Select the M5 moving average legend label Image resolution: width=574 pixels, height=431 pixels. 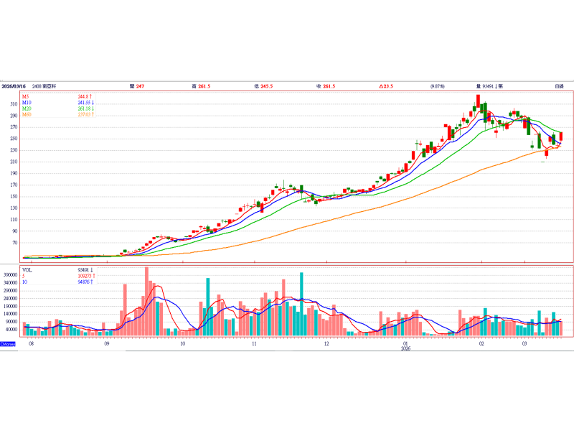[x=26, y=96]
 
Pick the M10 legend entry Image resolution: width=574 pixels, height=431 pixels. [x=27, y=103]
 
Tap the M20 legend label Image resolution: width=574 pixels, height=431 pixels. [x=27, y=108]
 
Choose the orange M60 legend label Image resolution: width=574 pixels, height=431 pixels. [x=27, y=115]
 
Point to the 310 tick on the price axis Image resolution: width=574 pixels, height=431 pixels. [x=14, y=104]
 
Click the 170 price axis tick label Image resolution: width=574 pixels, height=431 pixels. [x=14, y=185]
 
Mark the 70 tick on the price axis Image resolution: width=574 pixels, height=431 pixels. [x=15, y=244]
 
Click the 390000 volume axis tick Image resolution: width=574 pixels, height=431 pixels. [x=11, y=274]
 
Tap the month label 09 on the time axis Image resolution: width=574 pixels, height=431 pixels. [x=106, y=344]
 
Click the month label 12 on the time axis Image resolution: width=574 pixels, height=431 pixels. [x=326, y=344]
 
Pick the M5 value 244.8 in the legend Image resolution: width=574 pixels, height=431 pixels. [x=85, y=96]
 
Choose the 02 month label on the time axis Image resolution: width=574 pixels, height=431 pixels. [x=481, y=344]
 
